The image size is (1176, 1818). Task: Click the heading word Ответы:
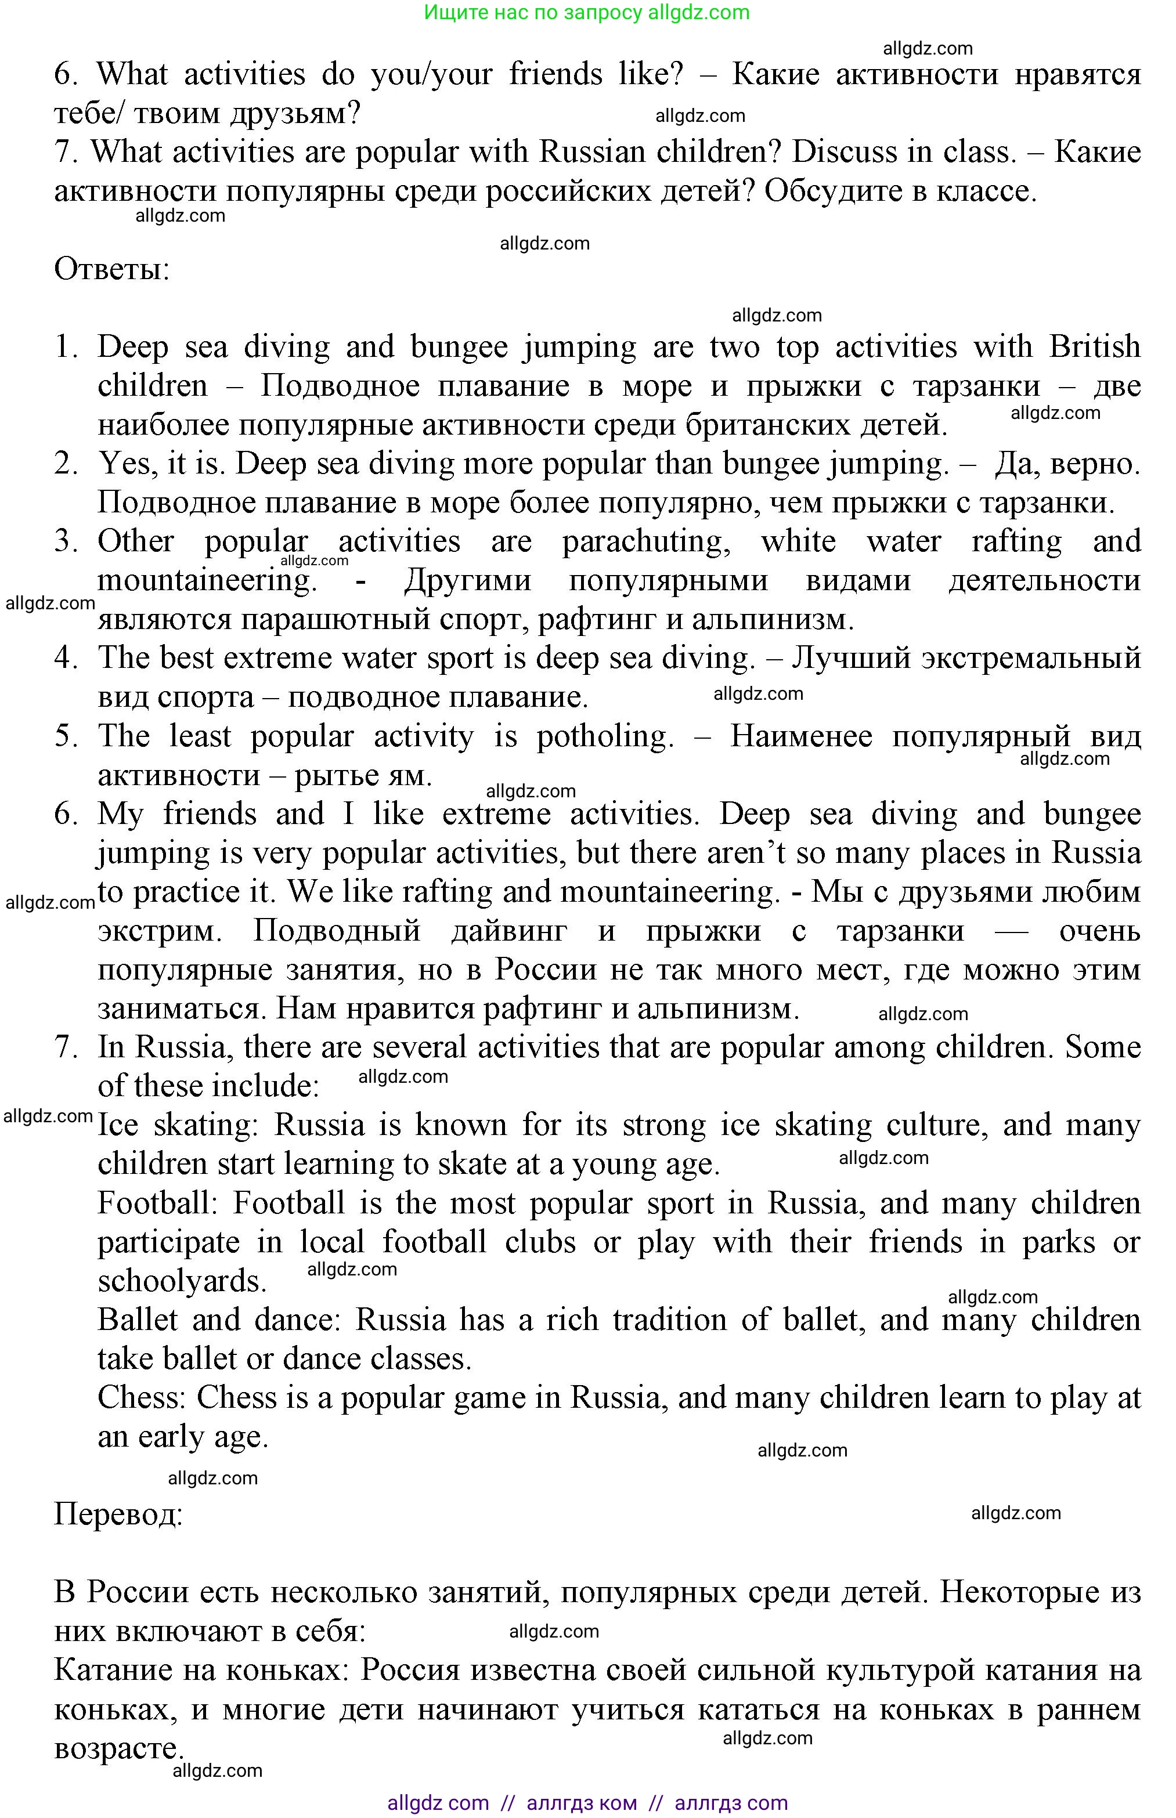click(111, 269)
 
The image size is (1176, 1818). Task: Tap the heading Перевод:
click(118, 1513)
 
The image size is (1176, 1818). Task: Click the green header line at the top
click(586, 12)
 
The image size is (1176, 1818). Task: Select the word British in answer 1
click(1094, 347)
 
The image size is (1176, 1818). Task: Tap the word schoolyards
click(182, 1281)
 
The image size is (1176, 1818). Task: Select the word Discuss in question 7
click(843, 152)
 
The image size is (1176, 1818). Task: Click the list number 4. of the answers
click(66, 658)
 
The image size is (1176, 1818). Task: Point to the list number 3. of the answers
click(66, 542)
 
